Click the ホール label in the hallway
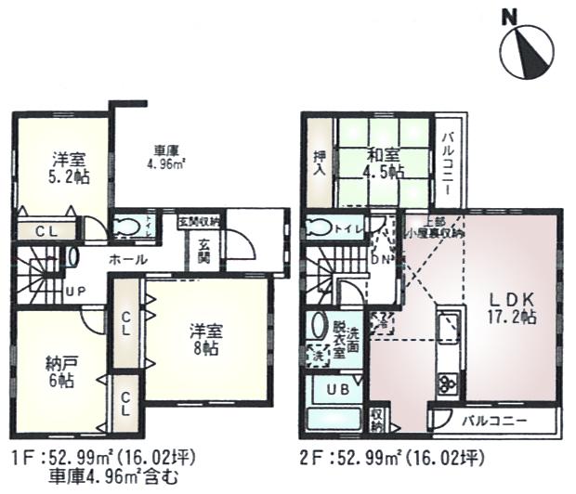(x=127, y=260)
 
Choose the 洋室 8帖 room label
(x=204, y=340)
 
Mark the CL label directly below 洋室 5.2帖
(x=46, y=233)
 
